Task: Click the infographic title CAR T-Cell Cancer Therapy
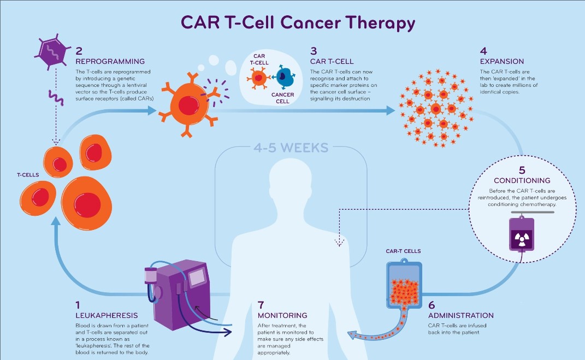(x=298, y=23)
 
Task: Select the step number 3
(x=314, y=51)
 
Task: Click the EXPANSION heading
(x=501, y=61)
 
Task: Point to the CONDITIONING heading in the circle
(x=522, y=180)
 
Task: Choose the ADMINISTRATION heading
(x=460, y=315)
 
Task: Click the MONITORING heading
(x=282, y=315)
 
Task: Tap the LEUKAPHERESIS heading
(x=107, y=315)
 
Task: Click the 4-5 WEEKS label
(x=291, y=147)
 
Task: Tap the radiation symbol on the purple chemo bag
(x=522, y=236)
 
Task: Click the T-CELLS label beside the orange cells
(x=27, y=175)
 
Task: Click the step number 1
(x=79, y=305)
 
